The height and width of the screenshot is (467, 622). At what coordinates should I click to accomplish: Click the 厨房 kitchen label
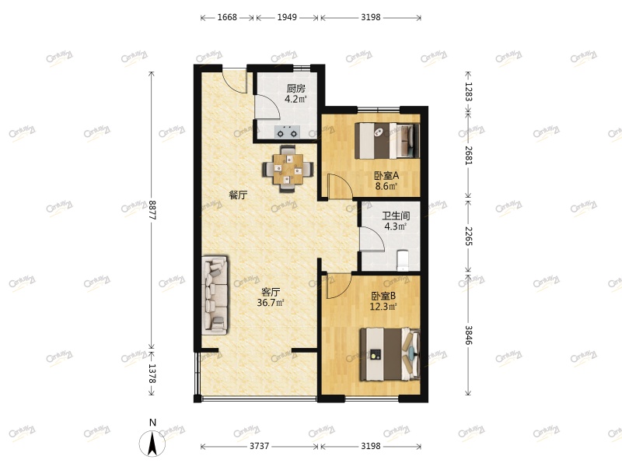coord(296,88)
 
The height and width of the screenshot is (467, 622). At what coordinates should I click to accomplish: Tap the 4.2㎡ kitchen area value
coord(295,99)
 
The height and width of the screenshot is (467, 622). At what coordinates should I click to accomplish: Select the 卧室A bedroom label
coord(386,175)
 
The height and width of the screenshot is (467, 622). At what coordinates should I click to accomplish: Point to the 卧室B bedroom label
coord(383,296)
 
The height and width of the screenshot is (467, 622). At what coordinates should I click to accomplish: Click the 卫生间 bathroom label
coord(396,216)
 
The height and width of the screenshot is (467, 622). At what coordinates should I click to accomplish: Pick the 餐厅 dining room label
coord(238,195)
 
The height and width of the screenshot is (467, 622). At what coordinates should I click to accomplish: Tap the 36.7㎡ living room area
coord(271,303)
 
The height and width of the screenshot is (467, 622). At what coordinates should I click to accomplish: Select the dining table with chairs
coord(288,169)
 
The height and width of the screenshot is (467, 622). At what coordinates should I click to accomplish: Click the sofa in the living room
coord(215,295)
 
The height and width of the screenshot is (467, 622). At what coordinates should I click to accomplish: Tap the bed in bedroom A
coord(387,141)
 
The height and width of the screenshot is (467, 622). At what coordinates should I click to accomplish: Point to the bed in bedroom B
coord(390,354)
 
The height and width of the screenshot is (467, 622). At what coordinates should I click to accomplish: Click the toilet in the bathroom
coord(403,261)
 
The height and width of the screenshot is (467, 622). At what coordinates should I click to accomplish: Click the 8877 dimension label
coord(152,210)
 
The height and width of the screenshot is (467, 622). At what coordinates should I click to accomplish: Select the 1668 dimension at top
coord(227,17)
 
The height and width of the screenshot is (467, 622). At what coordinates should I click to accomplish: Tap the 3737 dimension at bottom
coord(260,446)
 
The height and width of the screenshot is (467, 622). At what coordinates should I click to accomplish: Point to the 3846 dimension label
coord(469,335)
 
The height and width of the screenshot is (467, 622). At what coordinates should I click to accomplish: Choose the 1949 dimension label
coord(287,17)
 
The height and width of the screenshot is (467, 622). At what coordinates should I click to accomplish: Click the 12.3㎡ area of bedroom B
coord(383,307)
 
